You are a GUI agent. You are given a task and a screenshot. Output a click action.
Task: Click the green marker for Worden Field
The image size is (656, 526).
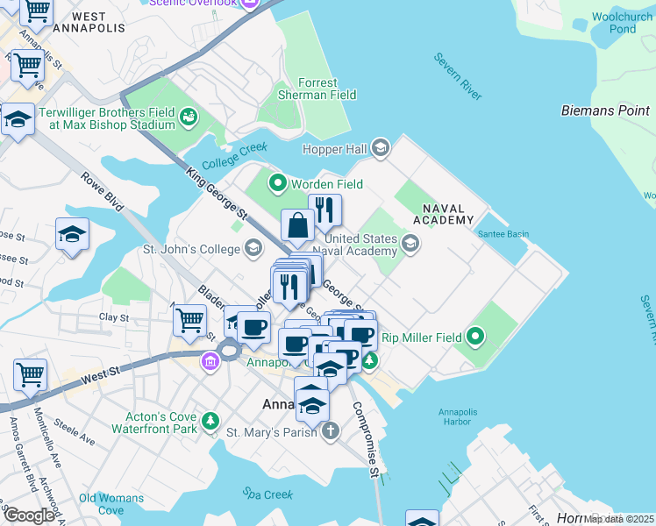[278, 183]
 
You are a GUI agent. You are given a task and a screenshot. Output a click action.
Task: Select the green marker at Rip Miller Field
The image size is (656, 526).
[475, 336]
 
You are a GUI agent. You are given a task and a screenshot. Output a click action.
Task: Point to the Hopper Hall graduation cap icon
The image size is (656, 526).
[379, 147]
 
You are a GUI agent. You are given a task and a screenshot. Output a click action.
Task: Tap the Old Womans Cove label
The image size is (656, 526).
[111, 504]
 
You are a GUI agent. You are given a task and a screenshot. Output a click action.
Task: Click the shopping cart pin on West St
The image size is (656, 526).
[30, 374]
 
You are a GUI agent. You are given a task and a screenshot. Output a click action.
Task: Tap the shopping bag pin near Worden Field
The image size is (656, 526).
[298, 225]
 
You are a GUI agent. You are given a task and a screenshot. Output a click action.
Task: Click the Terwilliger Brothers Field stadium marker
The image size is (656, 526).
[188, 117]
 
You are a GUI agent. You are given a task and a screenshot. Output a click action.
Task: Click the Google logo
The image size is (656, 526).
[30, 515]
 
